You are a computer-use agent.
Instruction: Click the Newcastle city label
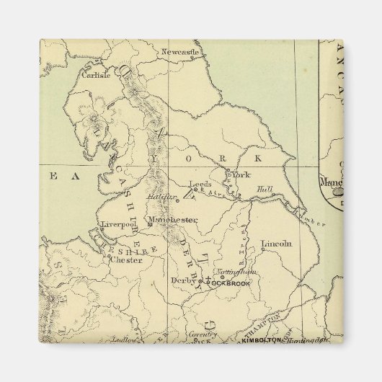179,52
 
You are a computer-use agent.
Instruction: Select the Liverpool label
117,224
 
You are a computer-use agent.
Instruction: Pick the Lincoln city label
277,244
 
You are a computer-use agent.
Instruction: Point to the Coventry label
203,334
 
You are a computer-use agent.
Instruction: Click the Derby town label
184,280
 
